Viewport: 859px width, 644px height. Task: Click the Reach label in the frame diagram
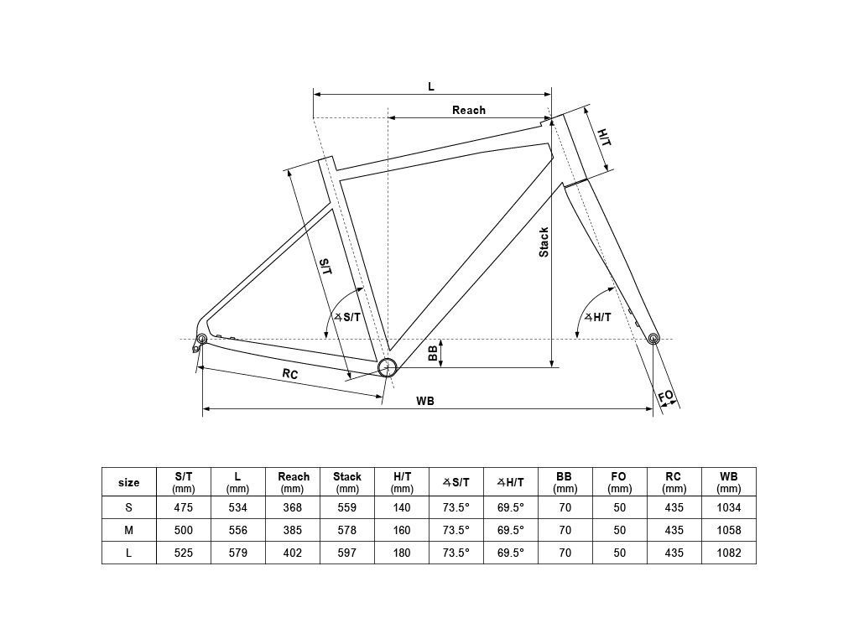[x=468, y=110]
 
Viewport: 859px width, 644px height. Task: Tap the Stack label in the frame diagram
[x=544, y=242]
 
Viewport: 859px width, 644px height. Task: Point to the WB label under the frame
[x=424, y=401]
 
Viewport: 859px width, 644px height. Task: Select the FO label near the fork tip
[x=665, y=396]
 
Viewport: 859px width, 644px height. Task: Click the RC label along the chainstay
[x=289, y=373]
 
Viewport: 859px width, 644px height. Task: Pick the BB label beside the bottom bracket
[x=433, y=353]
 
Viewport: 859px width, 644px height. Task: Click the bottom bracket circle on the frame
[x=388, y=367]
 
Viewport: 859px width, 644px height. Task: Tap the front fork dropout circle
[x=653, y=338]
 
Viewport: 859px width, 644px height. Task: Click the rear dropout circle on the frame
[x=202, y=339]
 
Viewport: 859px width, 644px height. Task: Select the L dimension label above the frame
[x=431, y=86]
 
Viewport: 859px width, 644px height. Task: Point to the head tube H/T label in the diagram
[x=604, y=137]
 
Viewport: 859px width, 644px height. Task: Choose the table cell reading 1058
[x=729, y=530]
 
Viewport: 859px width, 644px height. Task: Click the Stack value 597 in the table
[x=346, y=553]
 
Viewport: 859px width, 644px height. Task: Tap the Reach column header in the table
[x=293, y=476]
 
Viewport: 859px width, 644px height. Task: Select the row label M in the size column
[x=128, y=530]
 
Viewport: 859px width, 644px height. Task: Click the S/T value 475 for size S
[x=183, y=507]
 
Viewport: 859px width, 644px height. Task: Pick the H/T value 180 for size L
[x=402, y=553]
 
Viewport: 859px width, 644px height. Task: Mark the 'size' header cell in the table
[x=128, y=482]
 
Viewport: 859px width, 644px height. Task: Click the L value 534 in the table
[x=237, y=507]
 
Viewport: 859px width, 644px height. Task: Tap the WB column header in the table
[x=729, y=476]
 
